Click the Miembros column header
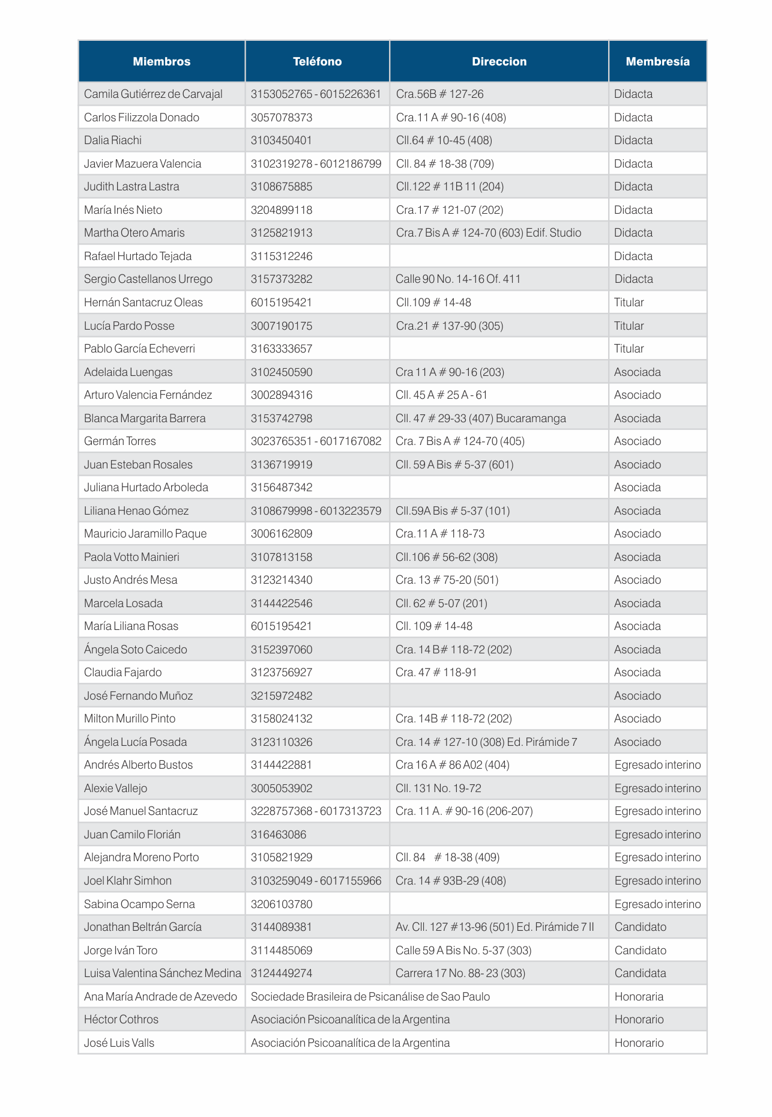pyautogui.click(x=161, y=61)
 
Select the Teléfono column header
pyautogui.click(x=317, y=61)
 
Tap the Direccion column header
pyautogui.click(x=499, y=61)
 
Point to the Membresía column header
pyautogui.click(x=657, y=61)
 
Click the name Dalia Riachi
pyautogui.click(x=113, y=140)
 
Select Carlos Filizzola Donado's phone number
pyautogui.click(x=282, y=117)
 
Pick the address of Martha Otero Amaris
pyautogui.click(x=488, y=232)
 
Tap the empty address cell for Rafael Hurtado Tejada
pyautogui.click(x=499, y=256)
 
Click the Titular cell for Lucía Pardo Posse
pyautogui.click(x=629, y=325)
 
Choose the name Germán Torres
pyautogui.click(x=120, y=441)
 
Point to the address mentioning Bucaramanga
pyautogui.click(x=480, y=418)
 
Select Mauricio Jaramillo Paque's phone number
pyautogui.click(x=282, y=533)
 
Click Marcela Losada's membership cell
pyautogui.click(x=637, y=603)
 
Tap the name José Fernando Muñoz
pyautogui.click(x=139, y=695)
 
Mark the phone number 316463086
pyautogui.click(x=279, y=834)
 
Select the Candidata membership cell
pyautogui.click(x=640, y=973)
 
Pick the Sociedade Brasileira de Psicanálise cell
pyautogui.click(x=370, y=996)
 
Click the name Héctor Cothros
pyautogui.click(x=121, y=1019)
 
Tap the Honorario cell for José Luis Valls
pyautogui.click(x=639, y=1043)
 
